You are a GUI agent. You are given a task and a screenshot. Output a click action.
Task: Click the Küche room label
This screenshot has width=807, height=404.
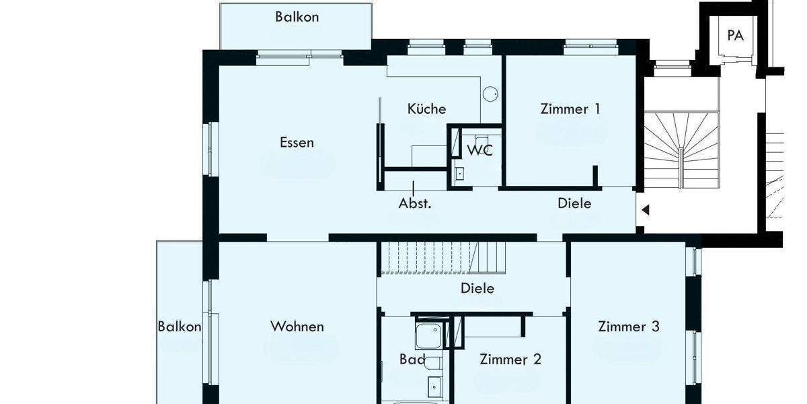(x=426, y=108)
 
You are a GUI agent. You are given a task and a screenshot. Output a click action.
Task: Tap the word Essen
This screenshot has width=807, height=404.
(x=297, y=143)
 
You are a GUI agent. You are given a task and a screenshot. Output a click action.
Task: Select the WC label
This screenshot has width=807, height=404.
(x=479, y=149)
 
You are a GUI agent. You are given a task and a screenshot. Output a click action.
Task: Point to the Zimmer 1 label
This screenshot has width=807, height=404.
(x=570, y=108)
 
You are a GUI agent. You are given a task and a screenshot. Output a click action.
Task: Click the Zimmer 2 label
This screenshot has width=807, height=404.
(x=510, y=360)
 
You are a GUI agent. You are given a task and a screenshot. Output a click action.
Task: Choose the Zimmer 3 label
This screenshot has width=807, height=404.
(x=629, y=327)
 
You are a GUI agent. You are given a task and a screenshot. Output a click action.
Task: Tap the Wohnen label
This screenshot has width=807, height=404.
(x=297, y=327)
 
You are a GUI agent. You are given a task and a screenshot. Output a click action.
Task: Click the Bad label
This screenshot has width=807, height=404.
(x=412, y=360)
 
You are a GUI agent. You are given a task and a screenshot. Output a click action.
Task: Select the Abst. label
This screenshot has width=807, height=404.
(x=414, y=203)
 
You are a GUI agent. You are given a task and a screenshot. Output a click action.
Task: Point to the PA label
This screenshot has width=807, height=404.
(x=735, y=36)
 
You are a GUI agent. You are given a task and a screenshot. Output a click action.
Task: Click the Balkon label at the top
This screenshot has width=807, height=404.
(x=297, y=17)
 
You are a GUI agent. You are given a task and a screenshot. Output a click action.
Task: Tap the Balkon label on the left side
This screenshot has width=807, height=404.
(x=180, y=327)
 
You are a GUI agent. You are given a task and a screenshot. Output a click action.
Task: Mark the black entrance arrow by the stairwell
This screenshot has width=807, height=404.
(x=645, y=210)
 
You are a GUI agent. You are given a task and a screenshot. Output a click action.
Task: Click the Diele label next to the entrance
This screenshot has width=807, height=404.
(x=574, y=203)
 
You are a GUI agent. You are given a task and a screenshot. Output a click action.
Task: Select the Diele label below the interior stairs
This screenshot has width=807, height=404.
(x=477, y=288)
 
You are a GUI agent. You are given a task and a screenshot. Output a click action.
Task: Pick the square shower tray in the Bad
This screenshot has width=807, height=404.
(x=428, y=336)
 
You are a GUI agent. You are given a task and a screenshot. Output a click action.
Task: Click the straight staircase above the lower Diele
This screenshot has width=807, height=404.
(x=444, y=258)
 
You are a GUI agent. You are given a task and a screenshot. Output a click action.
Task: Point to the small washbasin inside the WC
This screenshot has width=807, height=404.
(x=461, y=174)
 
